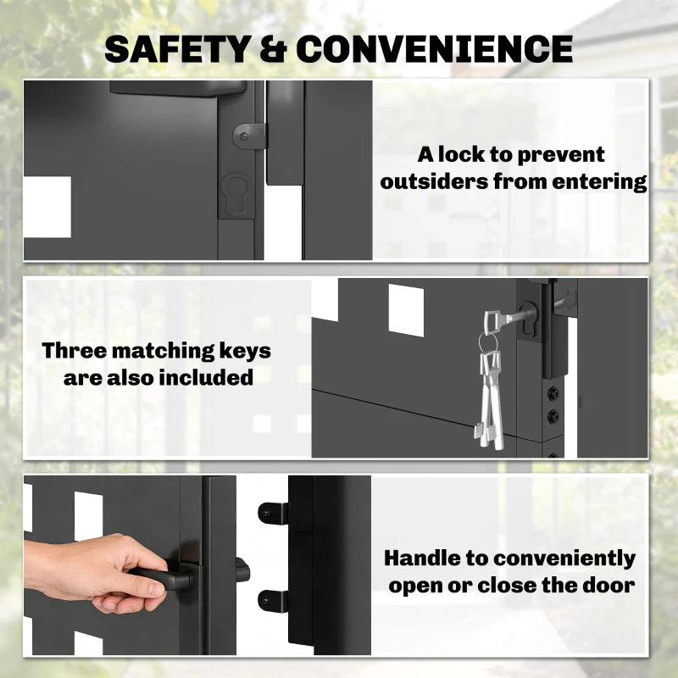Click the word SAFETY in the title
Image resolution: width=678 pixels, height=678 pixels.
[178, 48]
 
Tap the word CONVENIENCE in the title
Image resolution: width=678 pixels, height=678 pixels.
[435, 48]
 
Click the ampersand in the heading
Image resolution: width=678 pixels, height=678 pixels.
[274, 48]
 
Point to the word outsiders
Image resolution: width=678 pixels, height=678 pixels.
[435, 181]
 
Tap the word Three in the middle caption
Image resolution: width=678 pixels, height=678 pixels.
[75, 350]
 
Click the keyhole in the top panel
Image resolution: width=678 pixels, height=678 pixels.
[236, 195]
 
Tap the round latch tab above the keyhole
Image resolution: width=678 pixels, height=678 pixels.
[248, 136]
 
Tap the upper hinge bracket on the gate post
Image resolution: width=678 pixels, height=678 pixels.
[273, 514]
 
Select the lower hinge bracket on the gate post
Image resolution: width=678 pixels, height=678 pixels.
[273, 601]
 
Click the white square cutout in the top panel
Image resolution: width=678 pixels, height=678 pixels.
[47, 207]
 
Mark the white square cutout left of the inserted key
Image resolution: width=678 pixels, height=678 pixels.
[406, 310]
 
